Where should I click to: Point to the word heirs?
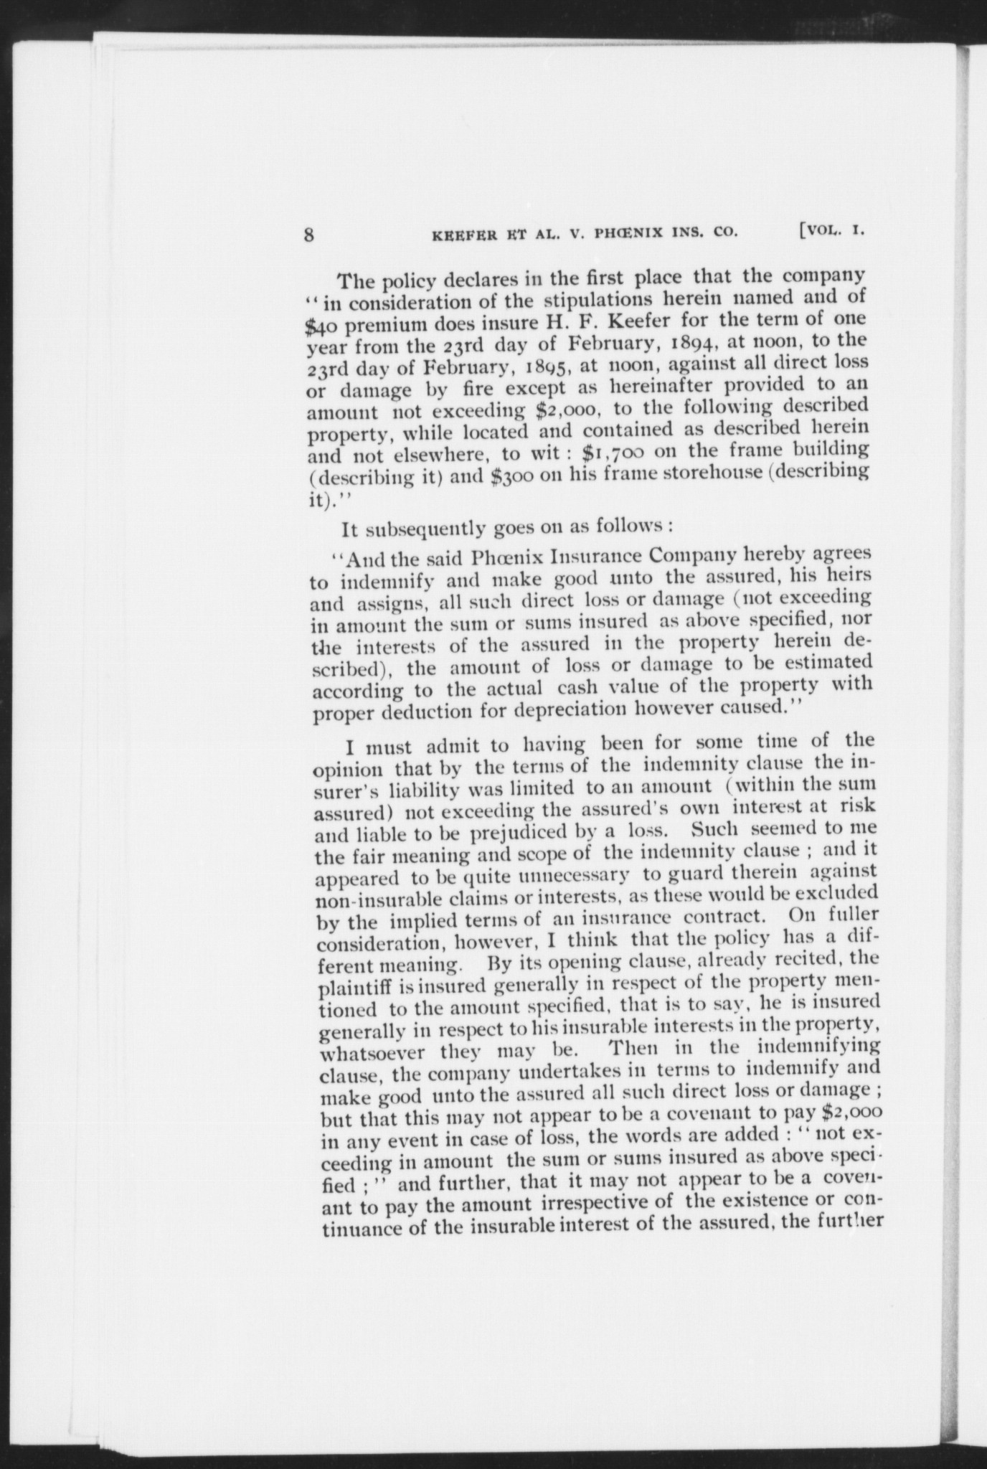(850, 575)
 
